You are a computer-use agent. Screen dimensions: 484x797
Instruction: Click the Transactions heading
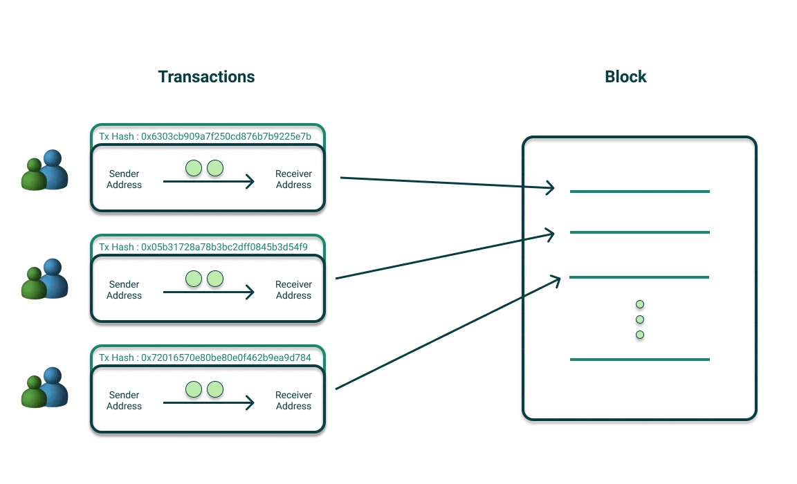click(x=205, y=75)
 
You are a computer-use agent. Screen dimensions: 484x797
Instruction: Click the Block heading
click(x=625, y=75)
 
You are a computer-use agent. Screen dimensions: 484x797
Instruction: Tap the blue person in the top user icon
click(x=54, y=169)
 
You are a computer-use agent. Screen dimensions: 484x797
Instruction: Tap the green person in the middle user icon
click(x=33, y=283)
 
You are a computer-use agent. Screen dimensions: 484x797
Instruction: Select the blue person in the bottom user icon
click(x=54, y=387)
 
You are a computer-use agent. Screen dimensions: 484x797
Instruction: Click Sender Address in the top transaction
click(x=125, y=179)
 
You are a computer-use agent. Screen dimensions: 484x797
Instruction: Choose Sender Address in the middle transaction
click(x=125, y=290)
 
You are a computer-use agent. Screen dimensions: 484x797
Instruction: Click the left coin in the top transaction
click(x=194, y=168)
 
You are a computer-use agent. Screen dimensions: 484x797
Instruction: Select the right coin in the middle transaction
click(x=215, y=279)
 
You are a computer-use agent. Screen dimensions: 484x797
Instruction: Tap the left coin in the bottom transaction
click(x=194, y=389)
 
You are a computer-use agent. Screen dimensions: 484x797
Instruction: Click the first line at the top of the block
click(x=641, y=191)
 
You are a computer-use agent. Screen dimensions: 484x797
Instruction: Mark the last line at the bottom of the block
click(x=641, y=360)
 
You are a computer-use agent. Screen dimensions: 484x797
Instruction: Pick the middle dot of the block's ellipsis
click(x=640, y=319)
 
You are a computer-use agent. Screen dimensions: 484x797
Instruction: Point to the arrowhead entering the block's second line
click(x=551, y=235)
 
